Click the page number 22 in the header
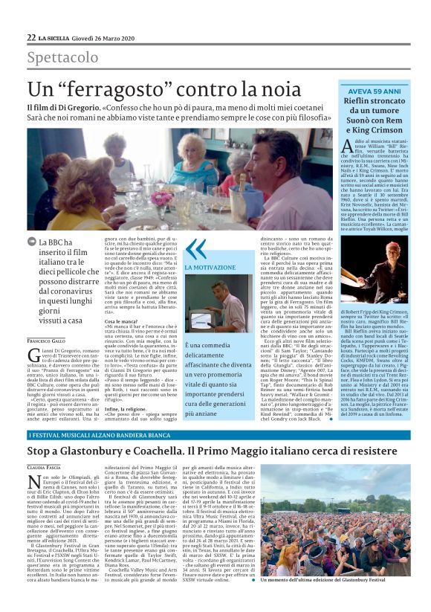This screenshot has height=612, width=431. pos(31,37)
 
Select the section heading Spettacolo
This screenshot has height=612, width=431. pos(62,57)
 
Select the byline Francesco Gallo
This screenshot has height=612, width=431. pos(46,319)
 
